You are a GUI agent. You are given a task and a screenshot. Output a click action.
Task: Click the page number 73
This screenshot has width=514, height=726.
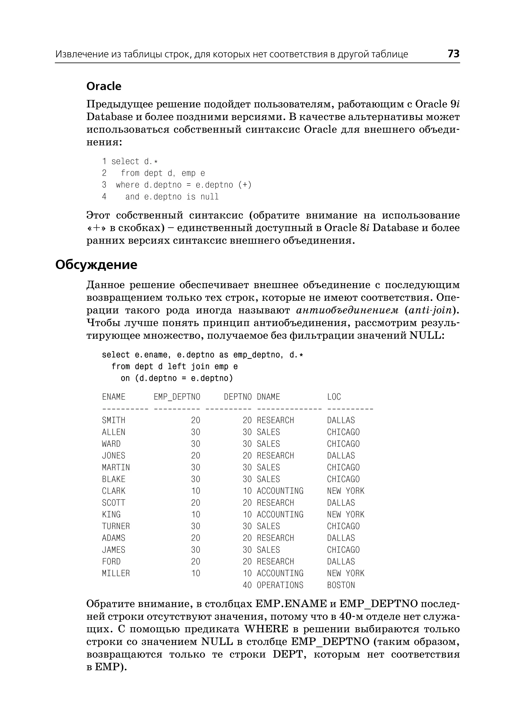(x=453, y=54)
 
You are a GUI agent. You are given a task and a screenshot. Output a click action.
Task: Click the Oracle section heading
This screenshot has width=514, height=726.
(x=104, y=86)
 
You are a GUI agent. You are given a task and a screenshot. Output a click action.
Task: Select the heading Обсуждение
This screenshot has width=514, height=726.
(x=96, y=265)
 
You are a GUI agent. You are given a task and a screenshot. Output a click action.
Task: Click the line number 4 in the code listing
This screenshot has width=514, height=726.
(x=104, y=197)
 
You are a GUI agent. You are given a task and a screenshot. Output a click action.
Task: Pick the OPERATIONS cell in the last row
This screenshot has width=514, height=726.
(x=280, y=585)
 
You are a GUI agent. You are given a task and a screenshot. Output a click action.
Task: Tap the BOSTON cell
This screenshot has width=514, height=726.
(x=341, y=585)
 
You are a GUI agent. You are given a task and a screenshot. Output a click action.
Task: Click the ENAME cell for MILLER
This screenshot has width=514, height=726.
(x=116, y=573)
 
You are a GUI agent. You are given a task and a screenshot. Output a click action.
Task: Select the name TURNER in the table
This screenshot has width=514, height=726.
(x=116, y=526)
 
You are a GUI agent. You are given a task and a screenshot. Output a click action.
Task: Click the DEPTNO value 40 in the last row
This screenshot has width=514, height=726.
(x=247, y=585)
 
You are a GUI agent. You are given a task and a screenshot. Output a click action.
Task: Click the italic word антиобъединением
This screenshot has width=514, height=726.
(x=347, y=310)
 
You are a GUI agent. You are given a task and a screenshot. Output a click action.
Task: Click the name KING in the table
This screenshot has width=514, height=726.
(x=111, y=514)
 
